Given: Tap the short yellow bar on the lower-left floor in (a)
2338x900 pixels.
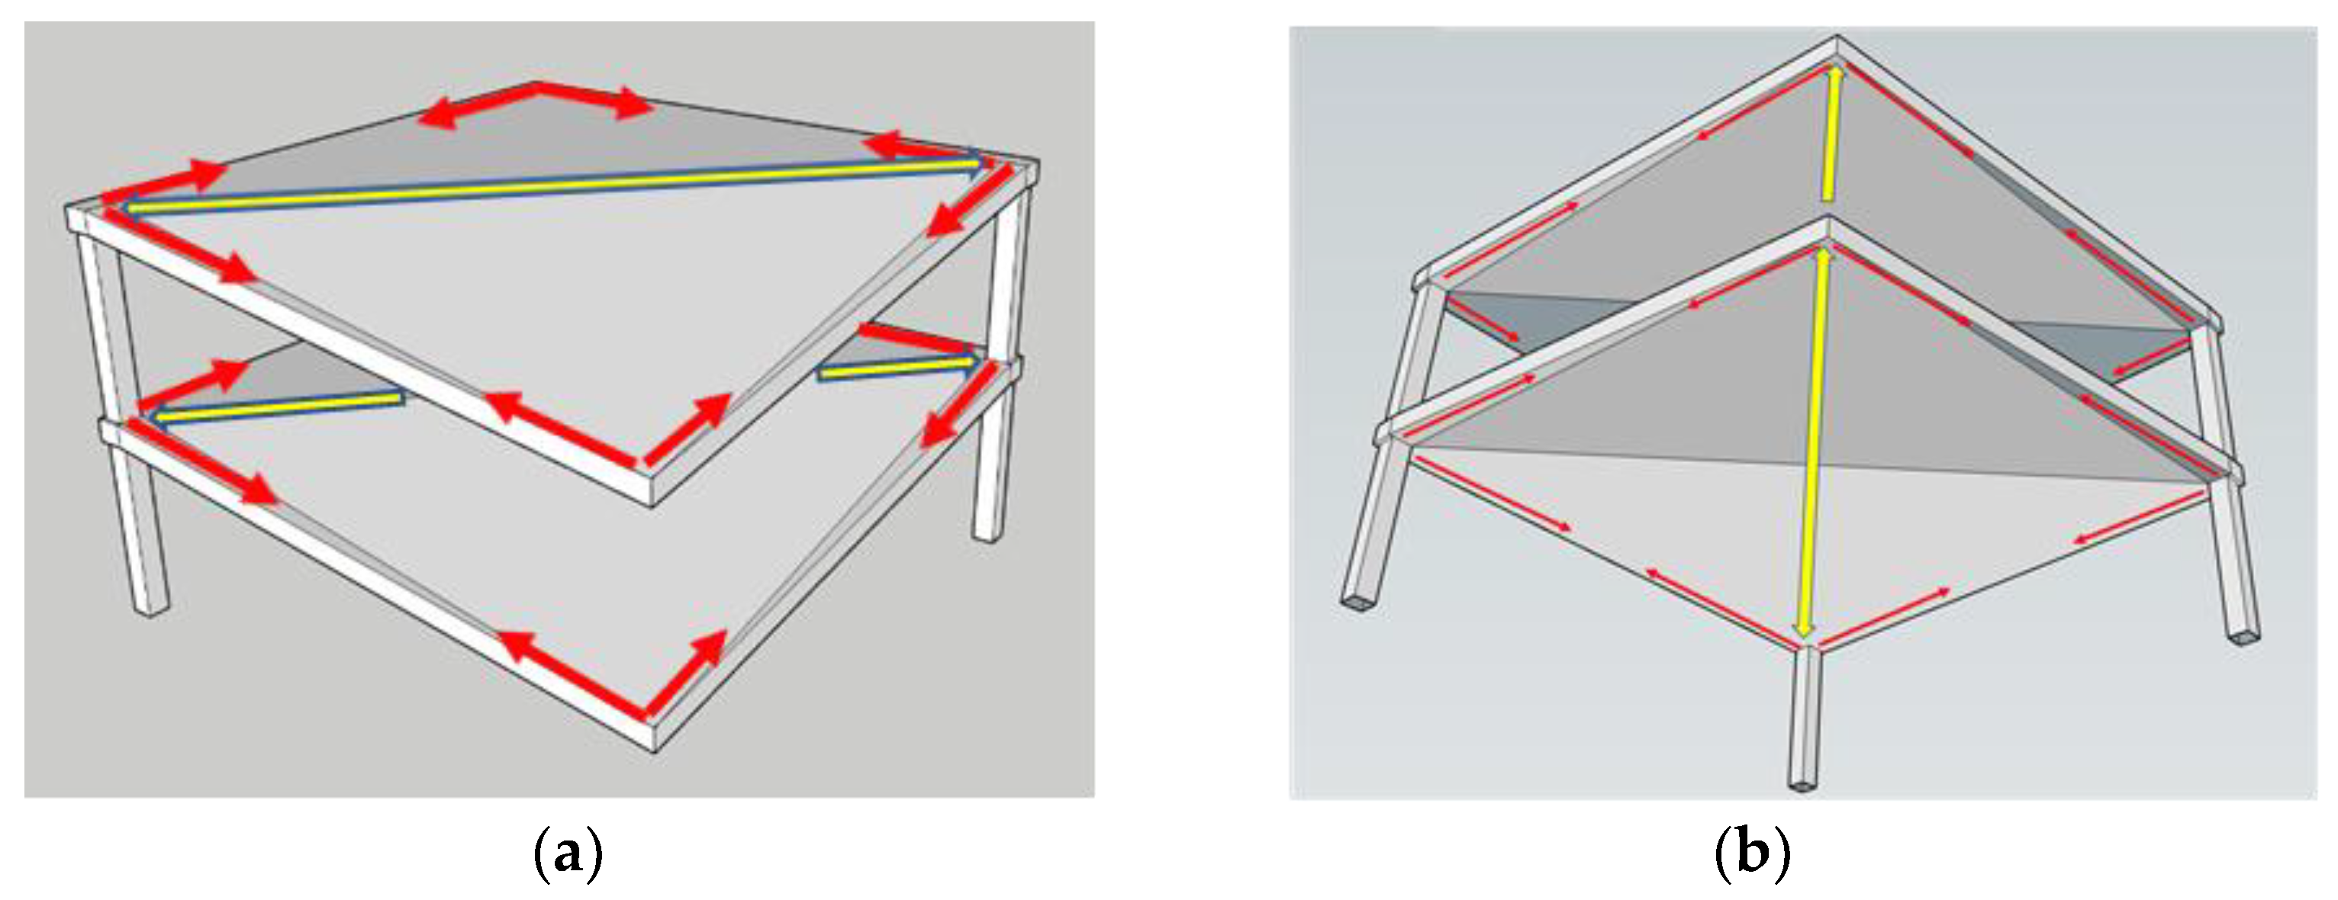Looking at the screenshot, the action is coord(279,407).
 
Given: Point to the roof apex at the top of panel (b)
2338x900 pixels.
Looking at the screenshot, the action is coord(1837,38).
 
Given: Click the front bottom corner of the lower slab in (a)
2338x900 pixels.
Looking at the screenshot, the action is coord(653,750).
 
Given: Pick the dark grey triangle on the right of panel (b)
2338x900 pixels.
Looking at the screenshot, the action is coord(2106,349).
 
